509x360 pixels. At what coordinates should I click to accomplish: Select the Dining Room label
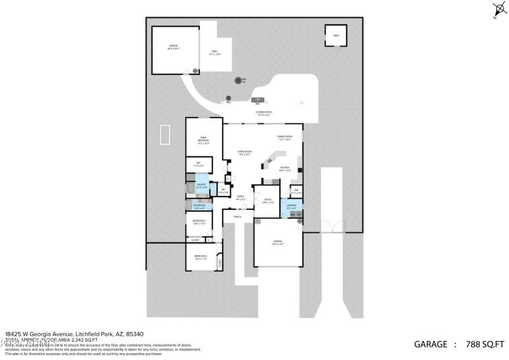[284, 137]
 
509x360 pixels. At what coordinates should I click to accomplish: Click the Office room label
[268, 201]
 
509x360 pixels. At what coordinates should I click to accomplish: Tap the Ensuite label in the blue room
[201, 186]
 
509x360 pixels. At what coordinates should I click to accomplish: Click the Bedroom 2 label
[201, 257]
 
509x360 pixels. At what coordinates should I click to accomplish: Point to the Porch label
[237, 217]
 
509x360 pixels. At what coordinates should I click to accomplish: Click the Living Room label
[245, 153]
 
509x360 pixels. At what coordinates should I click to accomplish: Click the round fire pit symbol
[239, 81]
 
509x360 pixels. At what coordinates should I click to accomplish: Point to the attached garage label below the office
[277, 242]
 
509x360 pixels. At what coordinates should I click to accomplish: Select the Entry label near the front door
[241, 198]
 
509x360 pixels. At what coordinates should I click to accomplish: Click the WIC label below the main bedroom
[190, 164]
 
